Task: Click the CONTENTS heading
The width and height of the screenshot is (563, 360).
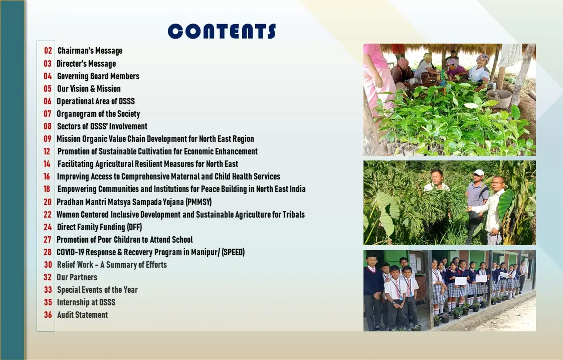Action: coord(222,31)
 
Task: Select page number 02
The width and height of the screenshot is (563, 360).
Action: coord(48,51)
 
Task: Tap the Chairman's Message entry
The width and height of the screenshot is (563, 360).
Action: coord(90,51)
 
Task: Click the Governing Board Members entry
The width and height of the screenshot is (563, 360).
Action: coord(98,76)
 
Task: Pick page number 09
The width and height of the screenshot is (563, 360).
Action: coord(48,139)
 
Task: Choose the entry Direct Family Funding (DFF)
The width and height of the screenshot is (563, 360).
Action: coord(99,227)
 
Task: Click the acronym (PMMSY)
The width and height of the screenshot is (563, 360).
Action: coord(199,202)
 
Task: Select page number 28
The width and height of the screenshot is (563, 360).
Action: coord(48,252)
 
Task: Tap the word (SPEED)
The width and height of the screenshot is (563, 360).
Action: coord(233,252)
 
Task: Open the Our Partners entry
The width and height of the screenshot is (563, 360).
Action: coord(77,277)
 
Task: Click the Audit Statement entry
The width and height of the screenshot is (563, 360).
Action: coord(82,315)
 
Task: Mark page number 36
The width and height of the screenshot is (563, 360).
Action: coord(48,315)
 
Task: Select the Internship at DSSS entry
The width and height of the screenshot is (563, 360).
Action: coord(86,302)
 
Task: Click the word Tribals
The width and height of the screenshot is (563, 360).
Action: coord(294,215)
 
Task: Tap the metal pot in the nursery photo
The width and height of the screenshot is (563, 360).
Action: coord(499,98)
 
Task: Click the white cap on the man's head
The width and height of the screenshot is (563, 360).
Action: coord(478,172)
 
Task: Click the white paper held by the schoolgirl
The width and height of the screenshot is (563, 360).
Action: coord(461,281)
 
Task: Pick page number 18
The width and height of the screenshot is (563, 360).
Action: coord(47,189)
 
